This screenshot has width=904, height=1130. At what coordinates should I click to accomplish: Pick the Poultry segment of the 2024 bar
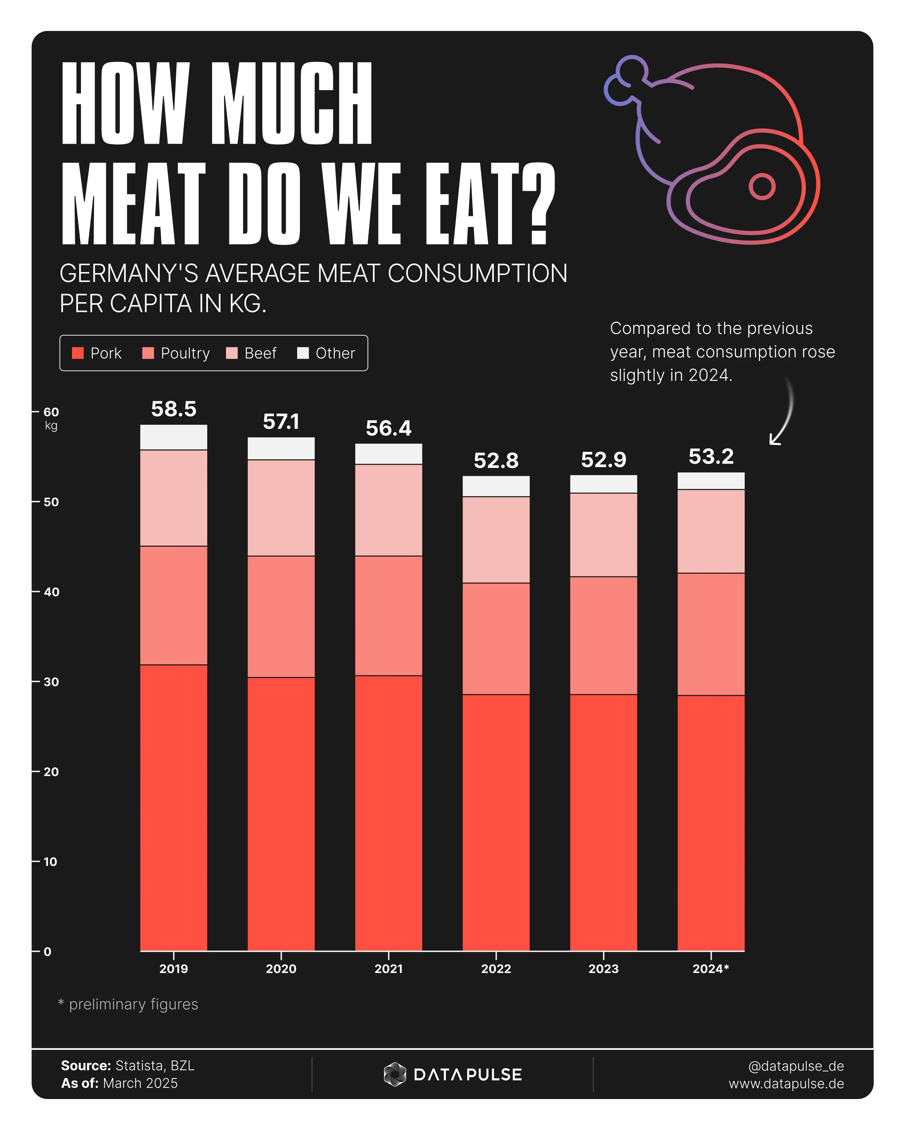coord(711,634)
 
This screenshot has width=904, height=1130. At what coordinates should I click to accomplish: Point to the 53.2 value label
coord(711,456)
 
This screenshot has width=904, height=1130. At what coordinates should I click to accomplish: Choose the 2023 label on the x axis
coord(603,968)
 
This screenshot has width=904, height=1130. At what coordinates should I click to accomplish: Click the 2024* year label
coord(711,968)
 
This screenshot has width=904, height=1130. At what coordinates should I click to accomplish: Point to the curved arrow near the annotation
coord(783,414)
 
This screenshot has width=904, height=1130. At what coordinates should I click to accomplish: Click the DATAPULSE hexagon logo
coord(395,1074)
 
